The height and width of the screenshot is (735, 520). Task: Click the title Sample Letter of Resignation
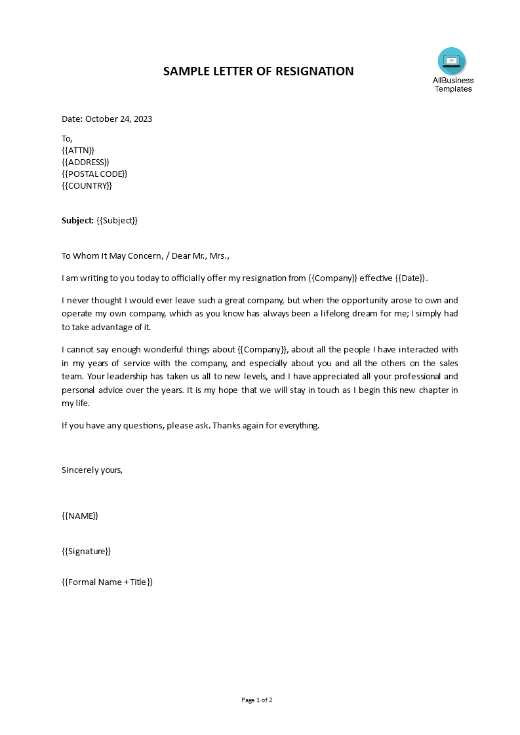pyautogui.click(x=258, y=71)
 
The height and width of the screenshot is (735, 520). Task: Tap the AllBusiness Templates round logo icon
pyautogui.click(x=452, y=62)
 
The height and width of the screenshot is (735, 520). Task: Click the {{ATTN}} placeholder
pyautogui.click(x=78, y=150)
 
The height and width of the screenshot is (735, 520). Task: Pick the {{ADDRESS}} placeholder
pyautogui.click(x=85, y=162)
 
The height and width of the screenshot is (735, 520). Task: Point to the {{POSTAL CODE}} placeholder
pyautogui.click(x=94, y=174)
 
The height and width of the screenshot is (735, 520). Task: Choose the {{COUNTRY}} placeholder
pyautogui.click(x=87, y=185)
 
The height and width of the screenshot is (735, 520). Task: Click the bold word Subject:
pyautogui.click(x=77, y=221)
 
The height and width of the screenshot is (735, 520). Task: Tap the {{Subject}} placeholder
pyautogui.click(x=117, y=221)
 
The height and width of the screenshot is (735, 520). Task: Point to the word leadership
pyautogui.click(x=125, y=377)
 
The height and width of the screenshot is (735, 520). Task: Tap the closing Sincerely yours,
pyautogui.click(x=92, y=470)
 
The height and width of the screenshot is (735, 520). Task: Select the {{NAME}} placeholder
pyautogui.click(x=80, y=516)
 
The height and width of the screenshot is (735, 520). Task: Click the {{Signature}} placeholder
pyautogui.click(x=86, y=551)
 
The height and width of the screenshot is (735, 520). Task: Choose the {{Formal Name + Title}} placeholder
pyautogui.click(x=107, y=582)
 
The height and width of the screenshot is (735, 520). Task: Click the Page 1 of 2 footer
pyautogui.click(x=257, y=700)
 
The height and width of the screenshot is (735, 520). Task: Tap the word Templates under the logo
pyautogui.click(x=453, y=89)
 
